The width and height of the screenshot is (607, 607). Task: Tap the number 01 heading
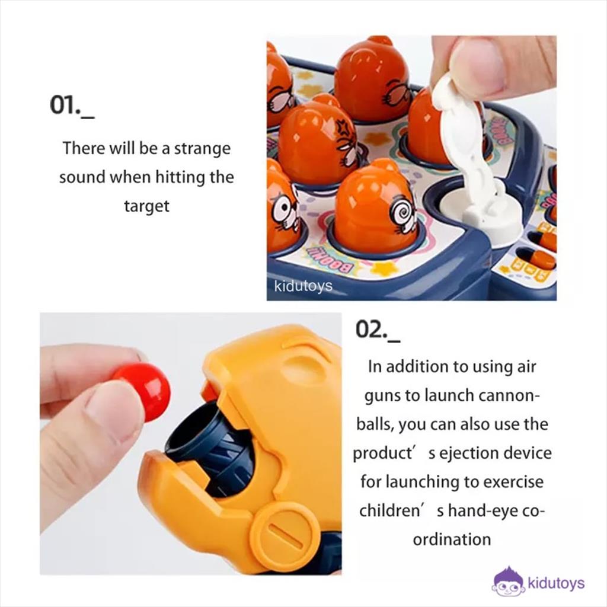coord(72,106)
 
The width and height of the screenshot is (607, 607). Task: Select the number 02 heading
coord(378,330)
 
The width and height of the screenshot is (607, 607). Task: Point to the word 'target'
coord(147,206)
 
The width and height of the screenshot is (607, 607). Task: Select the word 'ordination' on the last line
coord(452,539)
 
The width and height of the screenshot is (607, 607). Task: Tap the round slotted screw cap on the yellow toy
coord(285,536)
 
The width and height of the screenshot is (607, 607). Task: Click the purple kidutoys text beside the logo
coord(556,583)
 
